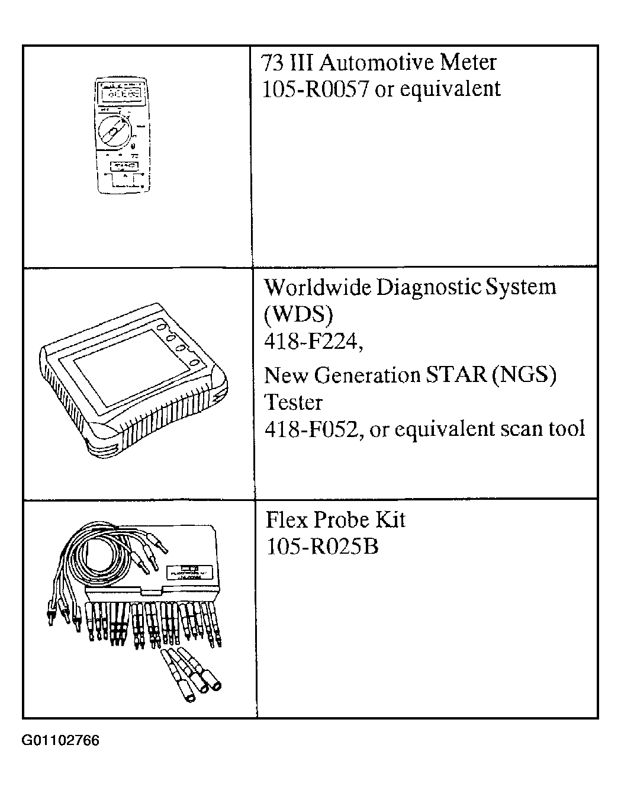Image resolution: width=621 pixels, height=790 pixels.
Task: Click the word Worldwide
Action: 317,287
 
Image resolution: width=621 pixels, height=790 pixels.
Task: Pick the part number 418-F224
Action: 313,342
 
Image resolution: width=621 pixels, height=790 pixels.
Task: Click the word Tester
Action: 293,402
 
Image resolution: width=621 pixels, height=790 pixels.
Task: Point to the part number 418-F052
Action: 313,429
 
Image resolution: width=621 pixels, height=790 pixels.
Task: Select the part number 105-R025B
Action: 322,547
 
